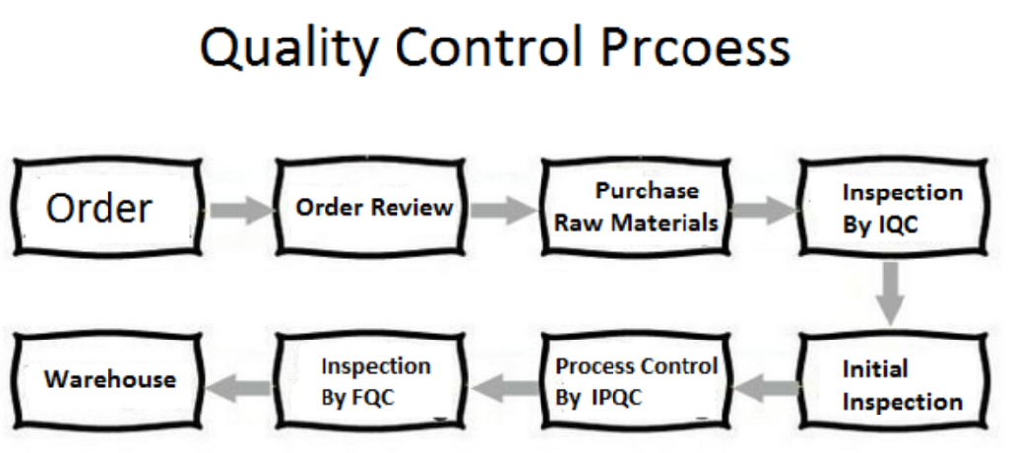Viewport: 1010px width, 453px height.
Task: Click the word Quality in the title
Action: [x=289, y=47]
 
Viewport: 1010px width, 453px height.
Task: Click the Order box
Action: [x=108, y=207]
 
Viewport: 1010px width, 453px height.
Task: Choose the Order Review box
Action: [x=371, y=207]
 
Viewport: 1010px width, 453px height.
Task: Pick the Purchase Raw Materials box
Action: [x=636, y=207]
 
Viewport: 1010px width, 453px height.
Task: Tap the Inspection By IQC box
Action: [x=894, y=207]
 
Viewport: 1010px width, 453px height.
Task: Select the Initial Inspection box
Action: [x=894, y=382]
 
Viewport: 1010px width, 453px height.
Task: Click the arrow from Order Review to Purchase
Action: [x=503, y=210]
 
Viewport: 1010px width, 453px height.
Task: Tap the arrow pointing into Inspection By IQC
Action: [x=765, y=210]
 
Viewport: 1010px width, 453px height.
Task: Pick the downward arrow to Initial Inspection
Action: [x=891, y=292]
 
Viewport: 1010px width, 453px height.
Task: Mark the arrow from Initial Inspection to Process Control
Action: [x=765, y=387]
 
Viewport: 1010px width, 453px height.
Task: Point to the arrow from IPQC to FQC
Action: [x=504, y=387]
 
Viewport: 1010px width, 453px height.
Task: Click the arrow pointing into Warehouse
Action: [x=239, y=387]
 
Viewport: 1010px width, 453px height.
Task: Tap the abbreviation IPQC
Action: [x=616, y=398]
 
